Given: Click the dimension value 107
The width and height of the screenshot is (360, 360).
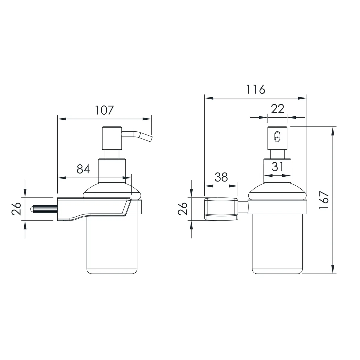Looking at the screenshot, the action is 104,110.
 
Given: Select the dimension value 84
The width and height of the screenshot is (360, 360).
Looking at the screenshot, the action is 83,169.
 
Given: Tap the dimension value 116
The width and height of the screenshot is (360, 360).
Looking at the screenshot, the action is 256,89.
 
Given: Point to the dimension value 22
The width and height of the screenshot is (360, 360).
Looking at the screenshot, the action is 277,109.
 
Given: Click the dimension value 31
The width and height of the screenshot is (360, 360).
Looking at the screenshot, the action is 277,166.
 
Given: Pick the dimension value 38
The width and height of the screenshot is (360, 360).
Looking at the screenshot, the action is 221,177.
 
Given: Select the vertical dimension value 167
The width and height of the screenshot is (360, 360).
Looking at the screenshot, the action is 324,200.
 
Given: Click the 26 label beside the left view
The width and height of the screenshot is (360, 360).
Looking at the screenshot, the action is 16,209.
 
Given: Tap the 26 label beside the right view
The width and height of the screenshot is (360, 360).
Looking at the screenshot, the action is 182,209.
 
